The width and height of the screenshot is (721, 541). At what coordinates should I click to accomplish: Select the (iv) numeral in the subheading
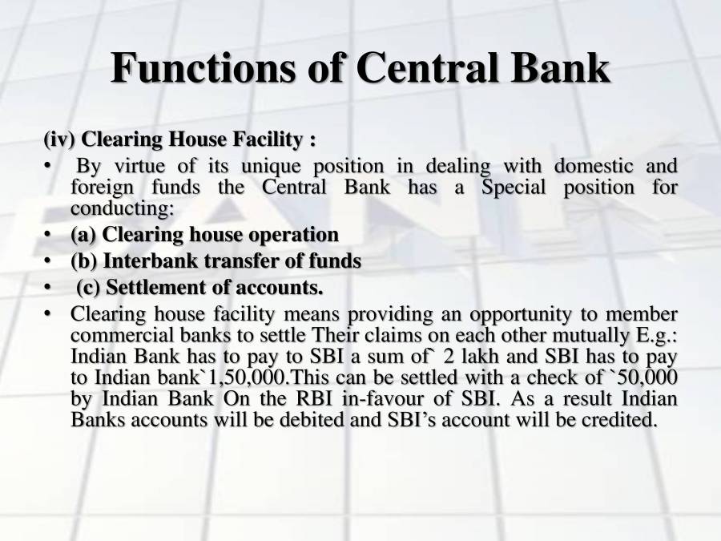[59, 139]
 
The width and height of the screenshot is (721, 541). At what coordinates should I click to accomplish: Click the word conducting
[120, 208]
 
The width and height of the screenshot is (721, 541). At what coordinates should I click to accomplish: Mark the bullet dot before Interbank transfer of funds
[48, 261]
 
